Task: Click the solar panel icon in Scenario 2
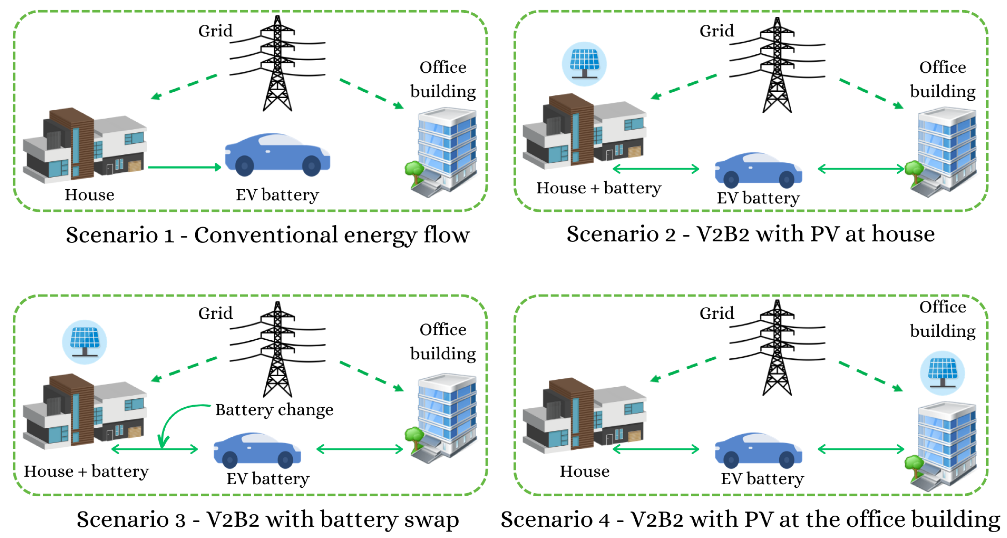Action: (584, 64)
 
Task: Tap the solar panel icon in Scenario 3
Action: (84, 342)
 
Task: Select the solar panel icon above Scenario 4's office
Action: (942, 373)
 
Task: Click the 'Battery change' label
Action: (274, 410)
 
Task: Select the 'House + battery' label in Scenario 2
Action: (599, 188)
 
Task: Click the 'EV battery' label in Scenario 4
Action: (762, 478)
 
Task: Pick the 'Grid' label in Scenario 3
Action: (215, 313)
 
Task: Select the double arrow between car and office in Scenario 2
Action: (861, 169)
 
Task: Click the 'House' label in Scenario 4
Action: (584, 471)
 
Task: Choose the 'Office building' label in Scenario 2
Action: (942, 79)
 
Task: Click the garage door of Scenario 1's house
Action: (134, 166)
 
